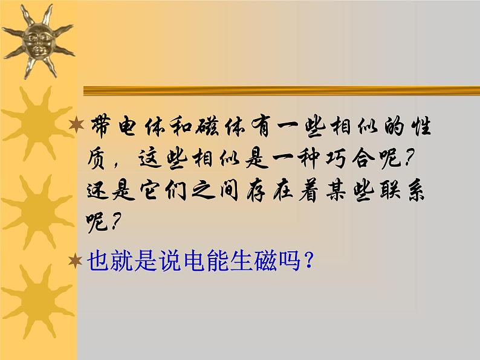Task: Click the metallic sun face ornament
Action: [37, 41]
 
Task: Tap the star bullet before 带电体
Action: [76, 125]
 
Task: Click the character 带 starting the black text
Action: [100, 126]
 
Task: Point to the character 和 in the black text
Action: [181, 126]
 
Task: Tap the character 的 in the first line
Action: [394, 126]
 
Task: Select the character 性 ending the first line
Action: [421, 126]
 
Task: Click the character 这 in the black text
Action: [150, 158]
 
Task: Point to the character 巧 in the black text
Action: [337, 158]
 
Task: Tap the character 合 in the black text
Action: [363, 158]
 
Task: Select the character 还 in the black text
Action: [98, 191]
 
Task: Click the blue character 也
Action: [99, 261]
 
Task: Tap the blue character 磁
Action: [265, 261]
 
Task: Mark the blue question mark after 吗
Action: [308, 260]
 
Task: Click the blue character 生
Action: [242, 261]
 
